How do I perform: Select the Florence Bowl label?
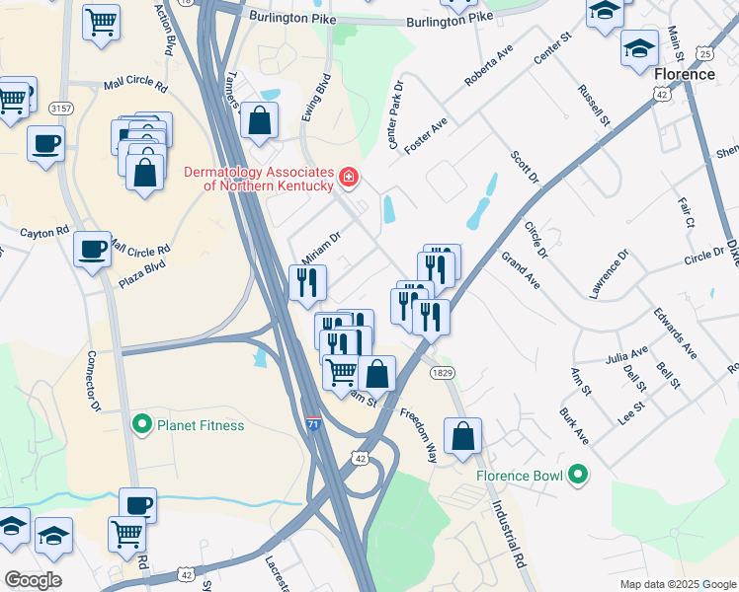coord(519,476)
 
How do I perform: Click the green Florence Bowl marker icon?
coord(578,476)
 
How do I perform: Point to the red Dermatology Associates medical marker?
coord(348,179)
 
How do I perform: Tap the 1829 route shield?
coord(441,372)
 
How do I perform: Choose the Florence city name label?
coord(684,74)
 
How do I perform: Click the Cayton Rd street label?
coord(44,232)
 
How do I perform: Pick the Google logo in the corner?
coord(32,580)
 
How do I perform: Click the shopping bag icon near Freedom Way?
coord(462,436)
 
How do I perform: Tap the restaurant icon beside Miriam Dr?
coord(306,283)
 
